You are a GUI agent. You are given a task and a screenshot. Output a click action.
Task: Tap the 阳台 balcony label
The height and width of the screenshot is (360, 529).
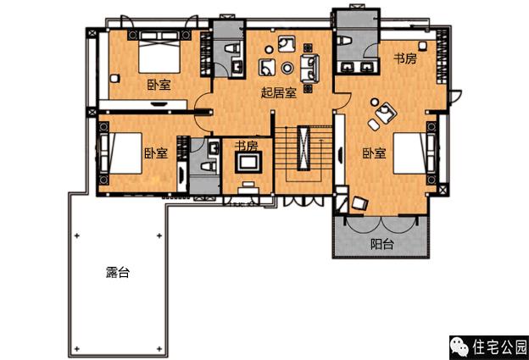pos(382,244)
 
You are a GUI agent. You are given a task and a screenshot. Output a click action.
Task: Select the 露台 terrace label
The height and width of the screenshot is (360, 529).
pos(119,273)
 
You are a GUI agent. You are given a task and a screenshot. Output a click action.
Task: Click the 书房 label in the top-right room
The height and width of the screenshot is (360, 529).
pos(405,59)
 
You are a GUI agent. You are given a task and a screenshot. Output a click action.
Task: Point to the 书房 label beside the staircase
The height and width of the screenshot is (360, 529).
pos(246,146)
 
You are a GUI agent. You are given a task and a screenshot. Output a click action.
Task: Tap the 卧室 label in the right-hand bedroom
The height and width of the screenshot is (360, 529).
pos(375,153)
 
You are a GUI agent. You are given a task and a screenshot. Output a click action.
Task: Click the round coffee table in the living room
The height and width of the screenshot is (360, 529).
pos(287,68)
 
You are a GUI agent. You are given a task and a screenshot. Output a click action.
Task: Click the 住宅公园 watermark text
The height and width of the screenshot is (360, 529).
pos(499,347)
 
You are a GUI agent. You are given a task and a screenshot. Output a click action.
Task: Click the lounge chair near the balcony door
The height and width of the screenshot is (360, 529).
pos(360,202)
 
